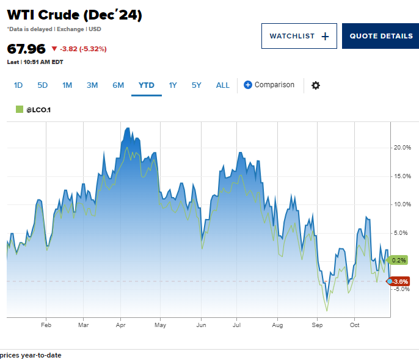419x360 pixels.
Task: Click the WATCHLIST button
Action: click(299, 36)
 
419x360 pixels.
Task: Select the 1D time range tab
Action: click(18, 85)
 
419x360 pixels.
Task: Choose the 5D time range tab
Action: click(42, 85)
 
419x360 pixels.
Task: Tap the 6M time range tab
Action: click(118, 85)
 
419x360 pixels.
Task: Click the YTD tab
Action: click(147, 85)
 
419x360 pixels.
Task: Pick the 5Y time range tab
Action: click(196, 85)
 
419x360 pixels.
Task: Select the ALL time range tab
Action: click(223, 85)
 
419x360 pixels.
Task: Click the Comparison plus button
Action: click(248, 85)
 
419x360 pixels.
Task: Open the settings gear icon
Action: click(316, 85)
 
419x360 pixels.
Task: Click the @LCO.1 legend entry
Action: click(37, 110)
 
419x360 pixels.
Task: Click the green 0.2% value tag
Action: click(398, 260)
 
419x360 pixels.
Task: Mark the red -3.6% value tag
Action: click(399, 281)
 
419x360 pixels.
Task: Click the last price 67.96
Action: click(26, 49)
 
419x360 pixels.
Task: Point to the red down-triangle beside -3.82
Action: click(54, 49)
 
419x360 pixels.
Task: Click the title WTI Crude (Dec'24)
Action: click(75, 16)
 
